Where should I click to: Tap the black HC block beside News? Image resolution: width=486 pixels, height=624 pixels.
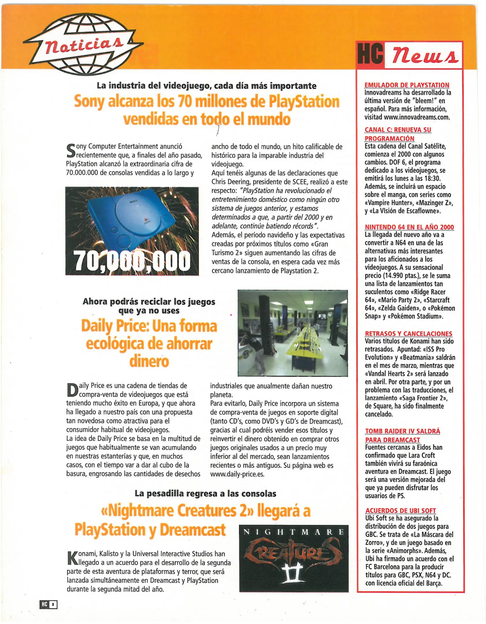(x=370, y=54)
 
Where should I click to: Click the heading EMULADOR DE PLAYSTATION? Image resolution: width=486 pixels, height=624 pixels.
(x=407, y=85)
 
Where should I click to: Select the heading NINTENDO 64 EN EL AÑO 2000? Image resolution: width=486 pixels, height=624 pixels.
(x=409, y=227)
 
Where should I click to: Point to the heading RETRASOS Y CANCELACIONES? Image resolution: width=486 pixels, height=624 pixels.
(x=408, y=334)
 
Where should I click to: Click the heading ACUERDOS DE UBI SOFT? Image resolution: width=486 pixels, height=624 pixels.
(x=400, y=511)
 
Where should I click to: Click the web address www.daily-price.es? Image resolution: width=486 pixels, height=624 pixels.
(x=237, y=474)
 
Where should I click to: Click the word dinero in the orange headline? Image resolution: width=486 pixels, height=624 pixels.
(x=149, y=362)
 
